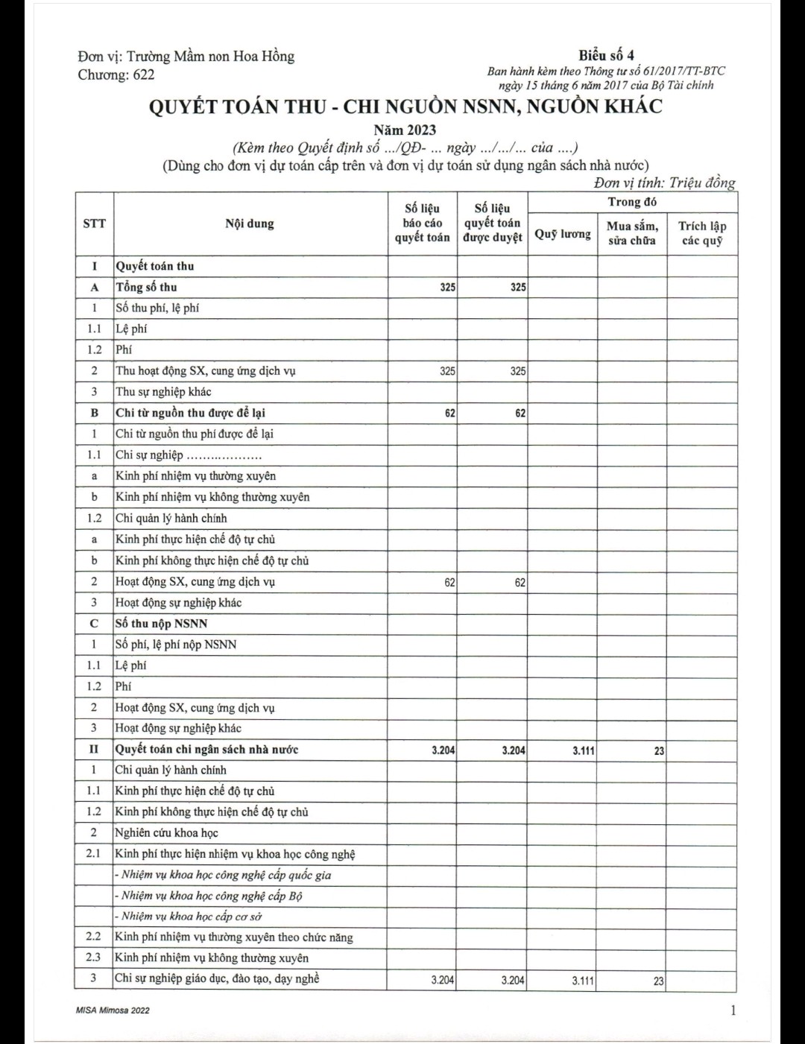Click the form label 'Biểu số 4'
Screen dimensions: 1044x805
pos(606,55)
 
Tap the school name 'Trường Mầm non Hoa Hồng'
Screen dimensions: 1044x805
pos(210,57)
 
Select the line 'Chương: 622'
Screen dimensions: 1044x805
pos(116,75)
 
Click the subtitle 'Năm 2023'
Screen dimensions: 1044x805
pos(405,130)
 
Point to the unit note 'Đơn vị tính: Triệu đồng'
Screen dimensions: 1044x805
pos(664,183)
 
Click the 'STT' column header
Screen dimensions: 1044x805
pos(94,224)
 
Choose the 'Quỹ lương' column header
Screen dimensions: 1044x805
pos(562,234)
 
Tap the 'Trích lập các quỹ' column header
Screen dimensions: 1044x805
pos(702,232)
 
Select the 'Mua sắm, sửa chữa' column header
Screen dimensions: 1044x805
pos(632,232)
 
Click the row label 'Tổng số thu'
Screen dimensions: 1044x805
pos(146,287)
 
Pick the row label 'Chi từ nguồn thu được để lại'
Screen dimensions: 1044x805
pos(190,413)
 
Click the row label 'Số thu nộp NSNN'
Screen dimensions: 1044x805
pos(161,624)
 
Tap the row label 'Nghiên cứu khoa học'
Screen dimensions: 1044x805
pos(166,833)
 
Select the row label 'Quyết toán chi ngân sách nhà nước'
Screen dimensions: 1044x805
pos(206,750)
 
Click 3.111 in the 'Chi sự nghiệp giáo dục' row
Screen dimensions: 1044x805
pos(583,981)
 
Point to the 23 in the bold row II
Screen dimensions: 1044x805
pos(659,751)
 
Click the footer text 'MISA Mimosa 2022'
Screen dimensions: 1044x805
pos(113,1010)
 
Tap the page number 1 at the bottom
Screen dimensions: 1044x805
pos(733,1010)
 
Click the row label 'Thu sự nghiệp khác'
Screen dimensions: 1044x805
pos(163,392)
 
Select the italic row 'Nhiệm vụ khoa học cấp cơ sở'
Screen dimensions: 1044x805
pos(191,917)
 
